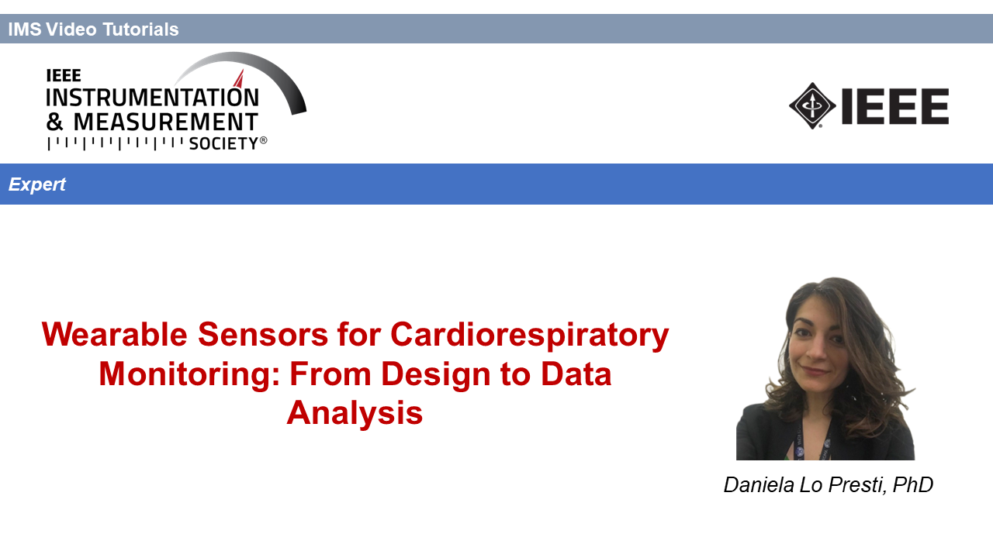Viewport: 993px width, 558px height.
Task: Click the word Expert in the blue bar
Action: [x=36, y=184]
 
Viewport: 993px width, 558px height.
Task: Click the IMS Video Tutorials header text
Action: [x=93, y=29]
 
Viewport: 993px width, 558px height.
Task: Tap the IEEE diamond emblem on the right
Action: [x=812, y=106]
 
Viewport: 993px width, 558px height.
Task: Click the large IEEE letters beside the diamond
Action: [x=894, y=106]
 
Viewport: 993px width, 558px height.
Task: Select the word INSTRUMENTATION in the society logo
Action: [x=152, y=98]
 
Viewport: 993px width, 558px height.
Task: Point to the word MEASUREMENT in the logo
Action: [x=165, y=122]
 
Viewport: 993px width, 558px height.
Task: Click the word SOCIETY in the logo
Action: [x=224, y=143]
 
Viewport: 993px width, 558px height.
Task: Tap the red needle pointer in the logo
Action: [x=240, y=79]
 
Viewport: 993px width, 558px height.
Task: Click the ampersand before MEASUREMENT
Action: [x=54, y=122]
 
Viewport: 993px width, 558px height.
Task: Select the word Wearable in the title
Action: [x=114, y=334]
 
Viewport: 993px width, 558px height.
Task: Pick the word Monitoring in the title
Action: [x=189, y=374]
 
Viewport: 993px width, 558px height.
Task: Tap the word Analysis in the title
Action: [x=355, y=413]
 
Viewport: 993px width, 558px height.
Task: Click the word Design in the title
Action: [x=435, y=374]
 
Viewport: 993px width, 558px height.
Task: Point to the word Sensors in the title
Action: [x=263, y=334]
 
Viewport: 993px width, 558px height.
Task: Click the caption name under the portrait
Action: [x=828, y=485]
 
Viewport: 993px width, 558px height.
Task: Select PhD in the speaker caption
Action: [x=913, y=484]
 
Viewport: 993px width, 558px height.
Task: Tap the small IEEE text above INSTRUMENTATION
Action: [x=64, y=76]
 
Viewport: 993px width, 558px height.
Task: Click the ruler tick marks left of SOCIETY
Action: [x=116, y=143]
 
